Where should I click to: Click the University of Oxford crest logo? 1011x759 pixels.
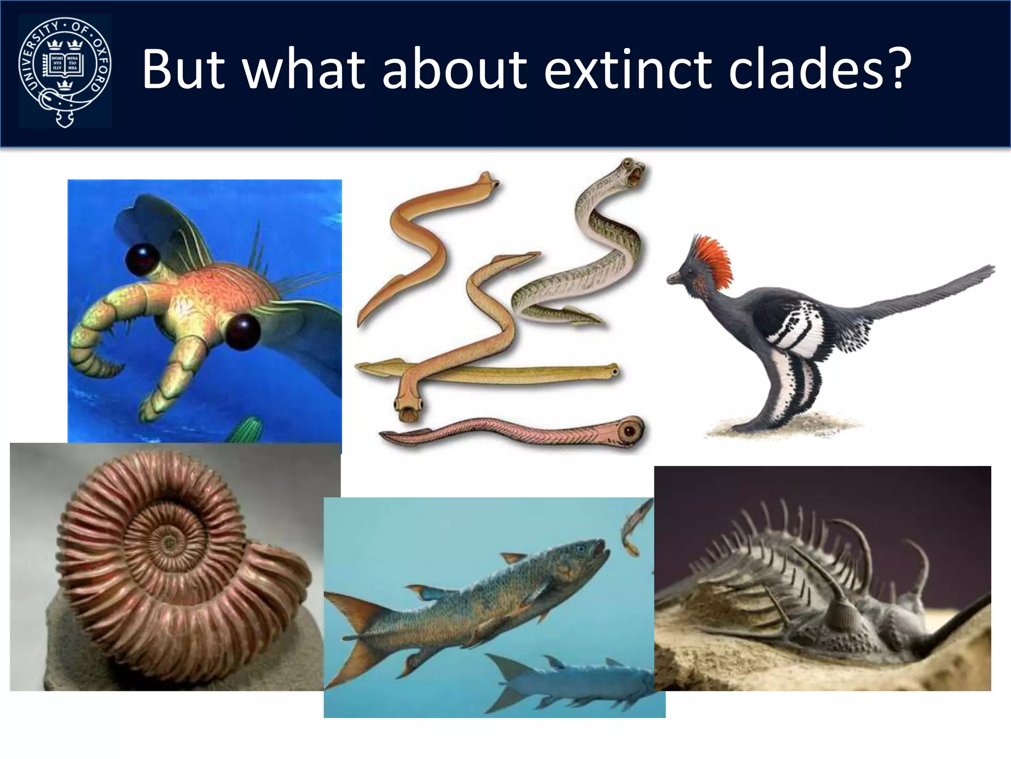tap(65, 71)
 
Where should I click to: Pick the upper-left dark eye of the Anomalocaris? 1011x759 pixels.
tap(143, 257)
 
